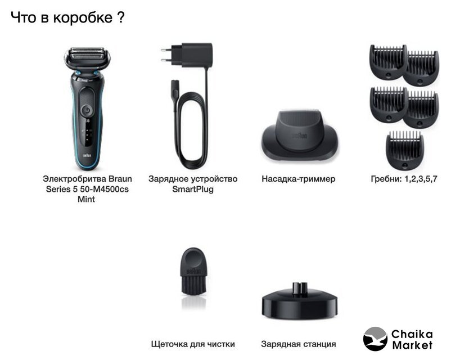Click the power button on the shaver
(87, 110)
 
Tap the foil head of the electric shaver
(87, 57)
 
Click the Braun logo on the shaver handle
(87, 155)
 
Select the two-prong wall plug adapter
(187, 56)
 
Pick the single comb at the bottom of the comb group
(405, 150)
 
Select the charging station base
(299, 301)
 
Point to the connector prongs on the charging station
(300, 287)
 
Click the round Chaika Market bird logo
(375, 339)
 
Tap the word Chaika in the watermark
(412, 334)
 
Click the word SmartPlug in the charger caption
(193, 189)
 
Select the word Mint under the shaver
(86, 199)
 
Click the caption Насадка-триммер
(299, 179)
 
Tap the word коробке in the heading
(83, 17)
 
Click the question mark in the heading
(121, 17)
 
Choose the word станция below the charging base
(319, 344)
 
